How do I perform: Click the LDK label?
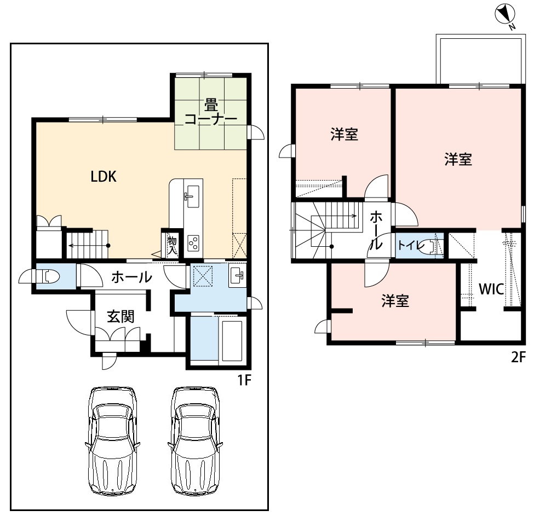tap(104, 177)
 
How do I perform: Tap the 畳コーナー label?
tap(211, 112)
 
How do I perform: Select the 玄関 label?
tap(120, 316)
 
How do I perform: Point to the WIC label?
tap(491, 289)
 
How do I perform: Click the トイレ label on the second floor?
tap(411, 245)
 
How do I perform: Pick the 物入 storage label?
tap(173, 246)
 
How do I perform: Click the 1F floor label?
tap(244, 380)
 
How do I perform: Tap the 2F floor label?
tap(518, 357)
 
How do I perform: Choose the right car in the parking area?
tap(195, 440)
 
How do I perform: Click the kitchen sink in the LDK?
tap(193, 196)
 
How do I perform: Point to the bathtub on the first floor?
tap(232, 340)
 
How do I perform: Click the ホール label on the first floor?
tap(131, 277)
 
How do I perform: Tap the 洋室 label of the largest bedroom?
tap(458, 160)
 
